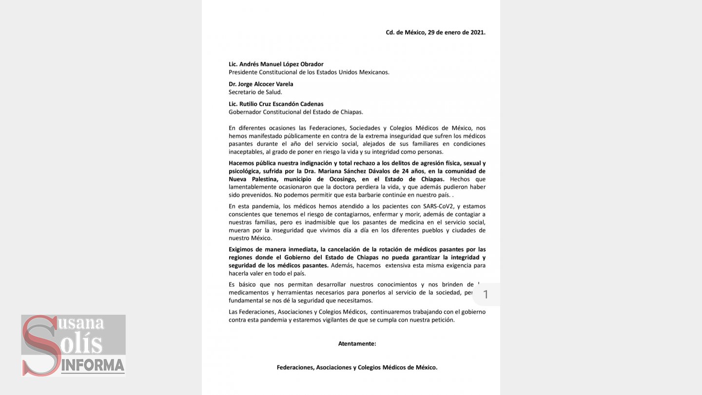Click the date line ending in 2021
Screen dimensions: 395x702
435,33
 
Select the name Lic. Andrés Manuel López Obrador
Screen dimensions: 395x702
276,64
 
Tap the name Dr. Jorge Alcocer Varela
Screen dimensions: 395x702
261,84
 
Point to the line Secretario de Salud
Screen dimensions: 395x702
255,92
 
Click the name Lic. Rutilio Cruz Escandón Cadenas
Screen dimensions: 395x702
276,104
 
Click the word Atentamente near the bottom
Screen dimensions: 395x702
357,344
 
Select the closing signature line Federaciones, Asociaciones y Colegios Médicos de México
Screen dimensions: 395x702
357,368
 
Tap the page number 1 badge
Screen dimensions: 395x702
485,295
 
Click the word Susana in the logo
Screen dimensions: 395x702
80,323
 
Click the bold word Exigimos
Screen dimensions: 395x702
242,250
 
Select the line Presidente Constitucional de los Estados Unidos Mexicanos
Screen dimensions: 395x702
309,72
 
